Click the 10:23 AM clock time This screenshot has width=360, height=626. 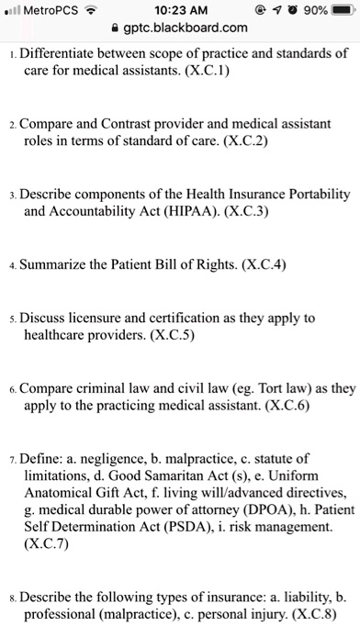point(180,10)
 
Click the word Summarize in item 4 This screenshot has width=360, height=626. point(60,267)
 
